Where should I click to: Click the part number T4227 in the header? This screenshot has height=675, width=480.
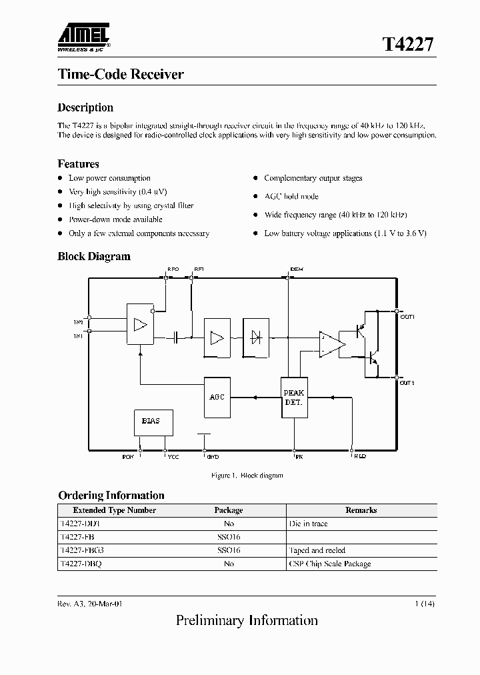click(x=408, y=45)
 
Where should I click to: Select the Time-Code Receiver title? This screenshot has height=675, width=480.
click(x=121, y=74)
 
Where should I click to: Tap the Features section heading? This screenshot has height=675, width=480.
click(x=78, y=163)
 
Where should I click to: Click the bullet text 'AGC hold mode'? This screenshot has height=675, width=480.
click(x=291, y=196)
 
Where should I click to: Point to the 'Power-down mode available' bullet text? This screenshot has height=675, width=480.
click(x=115, y=219)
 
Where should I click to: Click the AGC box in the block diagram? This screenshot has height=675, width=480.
click(x=217, y=397)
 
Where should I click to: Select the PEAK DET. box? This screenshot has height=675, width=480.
click(x=293, y=398)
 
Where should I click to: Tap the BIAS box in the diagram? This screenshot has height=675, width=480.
click(x=151, y=422)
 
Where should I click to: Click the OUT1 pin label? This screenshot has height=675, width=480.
click(x=407, y=317)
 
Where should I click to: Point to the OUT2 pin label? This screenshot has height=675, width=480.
click(x=407, y=383)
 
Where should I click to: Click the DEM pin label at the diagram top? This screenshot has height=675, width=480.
click(x=297, y=269)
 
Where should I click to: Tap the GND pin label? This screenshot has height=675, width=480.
click(x=212, y=458)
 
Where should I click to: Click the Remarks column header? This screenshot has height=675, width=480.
click(x=361, y=510)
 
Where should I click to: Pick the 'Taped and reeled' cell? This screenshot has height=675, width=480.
click(x=317, y=550)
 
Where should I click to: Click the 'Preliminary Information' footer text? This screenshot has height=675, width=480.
click(x=247, y=621)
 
